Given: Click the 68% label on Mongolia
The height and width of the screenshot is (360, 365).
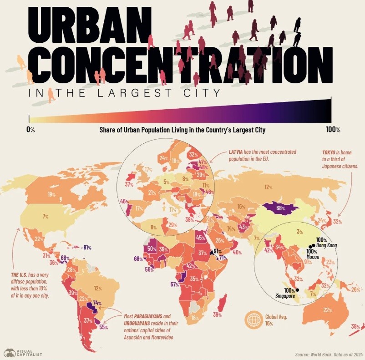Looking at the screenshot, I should coord(280,209).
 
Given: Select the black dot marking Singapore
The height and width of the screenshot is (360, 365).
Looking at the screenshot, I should coord(297,290).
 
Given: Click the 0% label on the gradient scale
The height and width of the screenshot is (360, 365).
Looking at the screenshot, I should coord(30,130).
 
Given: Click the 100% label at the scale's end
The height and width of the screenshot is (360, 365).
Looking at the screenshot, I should coord(333,130).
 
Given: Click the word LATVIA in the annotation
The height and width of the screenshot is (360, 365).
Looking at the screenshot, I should coord(238,152).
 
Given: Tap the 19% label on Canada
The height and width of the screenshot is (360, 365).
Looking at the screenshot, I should coord(51,195).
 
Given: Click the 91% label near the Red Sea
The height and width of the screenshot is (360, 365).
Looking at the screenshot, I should coord(218,251).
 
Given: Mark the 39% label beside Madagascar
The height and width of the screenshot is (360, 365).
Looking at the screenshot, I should coord(217,314).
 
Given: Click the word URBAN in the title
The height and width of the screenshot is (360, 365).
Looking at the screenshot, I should coord(91,26).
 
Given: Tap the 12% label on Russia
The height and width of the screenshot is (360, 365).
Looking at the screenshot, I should coord(269,187).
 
